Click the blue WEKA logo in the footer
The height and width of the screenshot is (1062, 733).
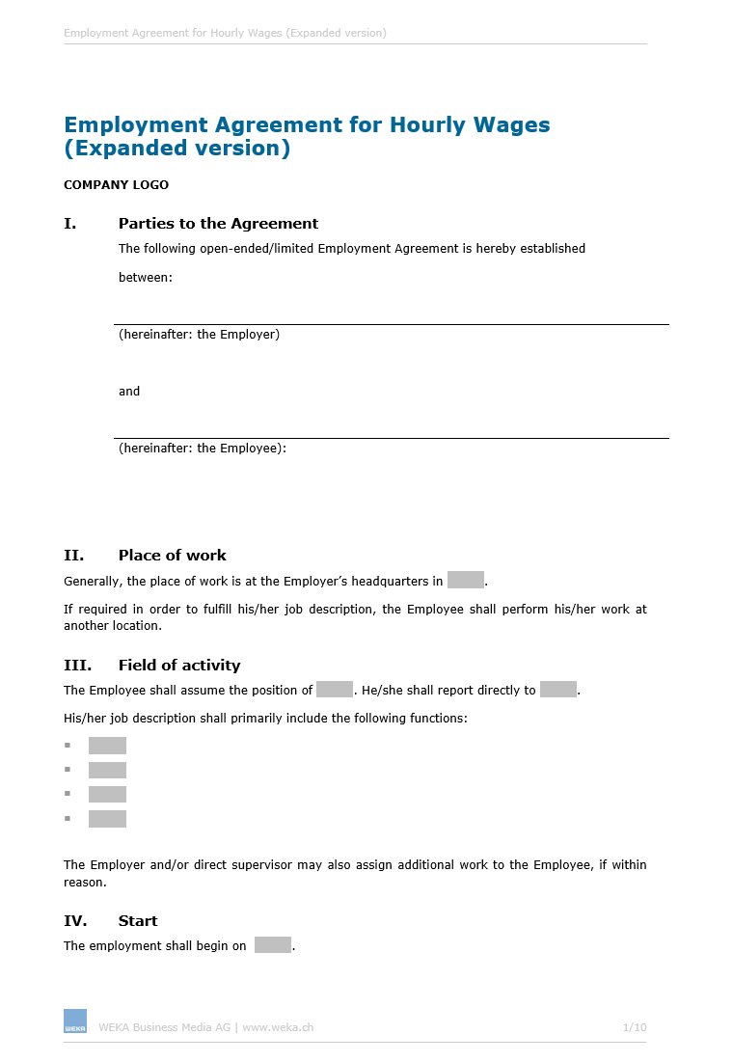coord(75,1021)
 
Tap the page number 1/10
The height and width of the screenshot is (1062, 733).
coord(635,1027)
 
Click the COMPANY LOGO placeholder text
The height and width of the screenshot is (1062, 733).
coord(116,184)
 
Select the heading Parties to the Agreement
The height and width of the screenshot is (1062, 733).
coord(218,223)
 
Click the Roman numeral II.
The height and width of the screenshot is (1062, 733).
coord(73,555)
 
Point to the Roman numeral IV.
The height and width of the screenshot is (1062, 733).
coord(75,920)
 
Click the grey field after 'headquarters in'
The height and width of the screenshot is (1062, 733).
coord(466,581)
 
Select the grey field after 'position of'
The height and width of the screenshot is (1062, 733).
coord(335,690)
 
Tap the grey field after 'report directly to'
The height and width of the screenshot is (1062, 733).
coord(558,690)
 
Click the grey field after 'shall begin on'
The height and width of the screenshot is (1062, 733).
coord(273,945)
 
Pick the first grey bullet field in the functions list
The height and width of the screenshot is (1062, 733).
coord(107,746)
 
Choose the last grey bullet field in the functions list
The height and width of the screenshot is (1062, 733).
coord(107,819)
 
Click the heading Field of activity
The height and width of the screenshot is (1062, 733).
coord(179,665)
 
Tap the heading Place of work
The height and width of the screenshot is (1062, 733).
coord(173,555)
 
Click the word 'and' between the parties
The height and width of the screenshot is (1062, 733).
coord(129,391)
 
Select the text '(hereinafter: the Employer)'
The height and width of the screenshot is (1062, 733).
coord(199,335)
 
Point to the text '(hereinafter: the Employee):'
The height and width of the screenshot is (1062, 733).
coord(203,448)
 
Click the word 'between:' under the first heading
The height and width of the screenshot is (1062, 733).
coord(146,277)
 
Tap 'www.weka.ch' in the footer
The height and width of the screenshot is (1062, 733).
coord(278,1027)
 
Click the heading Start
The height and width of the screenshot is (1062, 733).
coord(138,920)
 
